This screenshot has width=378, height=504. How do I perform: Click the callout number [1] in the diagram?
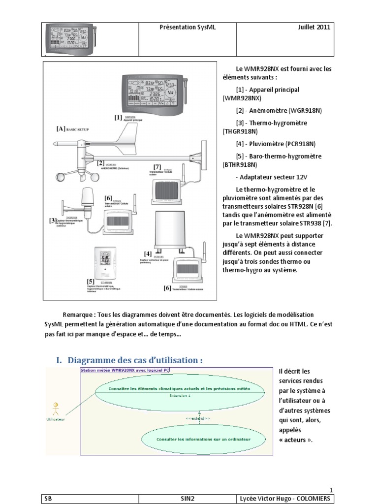[118, 118]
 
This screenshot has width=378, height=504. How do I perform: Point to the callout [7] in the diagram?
[157, 167]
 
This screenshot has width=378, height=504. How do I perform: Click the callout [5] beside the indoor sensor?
[91, 281]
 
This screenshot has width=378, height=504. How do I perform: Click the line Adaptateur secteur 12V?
[270, 178]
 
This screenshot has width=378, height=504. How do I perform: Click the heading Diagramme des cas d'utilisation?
[135, 360]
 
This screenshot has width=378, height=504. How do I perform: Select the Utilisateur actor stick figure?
[56, 408]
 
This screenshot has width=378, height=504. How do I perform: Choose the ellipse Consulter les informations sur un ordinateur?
[203, 439]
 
